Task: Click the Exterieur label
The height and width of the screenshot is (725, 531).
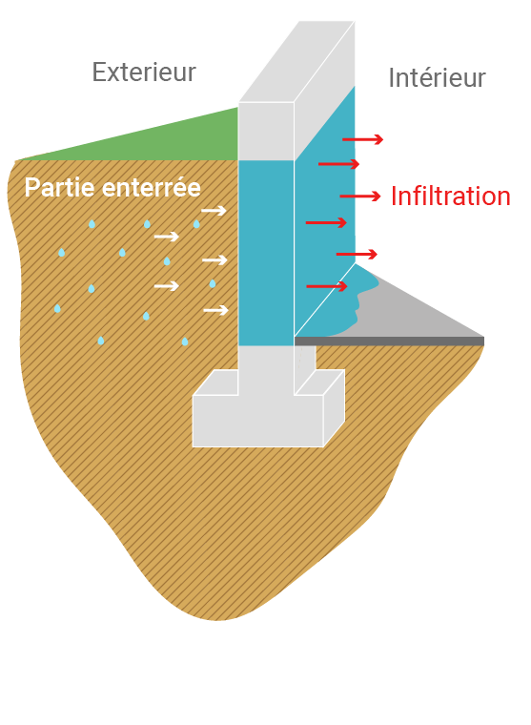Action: [144, 72]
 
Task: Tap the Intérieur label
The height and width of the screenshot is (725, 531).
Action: [437, 77]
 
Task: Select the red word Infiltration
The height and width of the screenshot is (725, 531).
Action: [451, 197]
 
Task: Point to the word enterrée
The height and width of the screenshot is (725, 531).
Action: [152, 188]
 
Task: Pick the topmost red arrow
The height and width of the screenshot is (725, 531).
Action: [363, 139]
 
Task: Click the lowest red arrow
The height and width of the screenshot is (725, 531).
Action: [327, 286]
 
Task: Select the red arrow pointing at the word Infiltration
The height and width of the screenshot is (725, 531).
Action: [360, 197]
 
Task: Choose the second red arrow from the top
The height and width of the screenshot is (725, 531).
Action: [338, 164]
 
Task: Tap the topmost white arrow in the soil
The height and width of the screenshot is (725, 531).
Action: [214, 211]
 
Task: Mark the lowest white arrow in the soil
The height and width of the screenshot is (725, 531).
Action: [215, 310]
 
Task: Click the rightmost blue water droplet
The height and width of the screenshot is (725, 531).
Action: [213, 283]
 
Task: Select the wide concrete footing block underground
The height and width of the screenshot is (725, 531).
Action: [258, 421]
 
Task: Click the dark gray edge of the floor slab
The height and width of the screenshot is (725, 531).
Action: [389, 342]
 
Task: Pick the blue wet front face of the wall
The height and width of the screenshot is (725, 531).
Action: [266, 253]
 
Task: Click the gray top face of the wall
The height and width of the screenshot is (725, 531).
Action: [296, 61]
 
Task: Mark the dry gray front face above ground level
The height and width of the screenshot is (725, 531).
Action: [266, 132]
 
